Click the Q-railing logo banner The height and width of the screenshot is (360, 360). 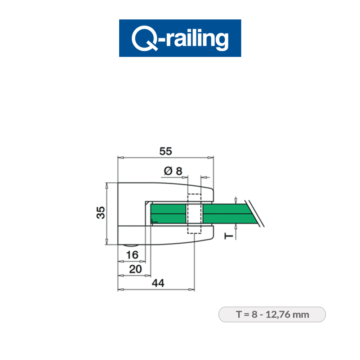(180, 38)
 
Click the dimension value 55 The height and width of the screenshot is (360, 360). (166, 152)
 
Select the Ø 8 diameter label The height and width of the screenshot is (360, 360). (173, 171)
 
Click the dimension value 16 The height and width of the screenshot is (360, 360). (132, 255)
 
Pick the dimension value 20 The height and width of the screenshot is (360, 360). (135, 269)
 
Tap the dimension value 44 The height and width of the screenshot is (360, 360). (157, 283)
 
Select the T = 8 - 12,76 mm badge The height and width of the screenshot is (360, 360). (272, 314)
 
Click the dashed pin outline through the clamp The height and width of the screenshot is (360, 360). (194, 214)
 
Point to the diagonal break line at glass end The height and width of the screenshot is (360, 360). (256, 213)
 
